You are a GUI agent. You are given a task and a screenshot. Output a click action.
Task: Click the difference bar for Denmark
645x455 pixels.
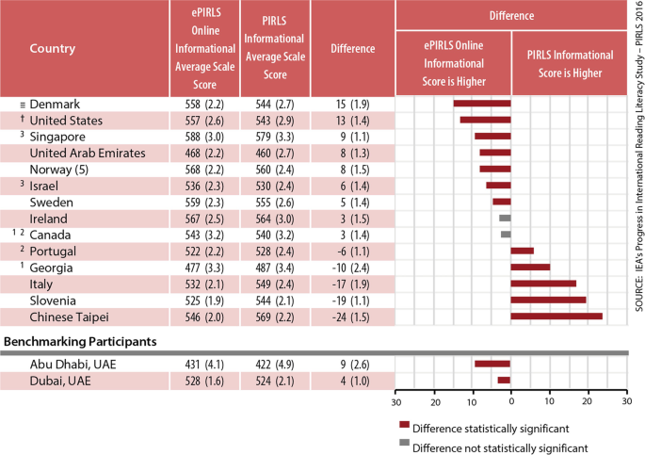pyautogui.click(x=482, y=104)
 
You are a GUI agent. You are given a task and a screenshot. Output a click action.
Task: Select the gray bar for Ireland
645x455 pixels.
pyautogui.click(x=505, y=218)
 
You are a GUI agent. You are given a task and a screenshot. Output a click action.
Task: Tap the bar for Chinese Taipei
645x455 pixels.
pyautogui.click(x=556, y=317)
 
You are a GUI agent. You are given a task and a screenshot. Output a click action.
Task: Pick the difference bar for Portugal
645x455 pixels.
pyautogui.click(x=523, y=251)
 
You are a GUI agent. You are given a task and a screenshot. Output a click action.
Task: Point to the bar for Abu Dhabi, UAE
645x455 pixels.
pyautogui.click(x=492, y=364)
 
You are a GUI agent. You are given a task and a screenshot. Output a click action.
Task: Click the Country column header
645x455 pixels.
pyautogui.click(x=53, y=49)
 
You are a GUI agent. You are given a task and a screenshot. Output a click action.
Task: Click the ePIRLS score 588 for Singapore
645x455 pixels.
pyautogui.click(x=192, y=137)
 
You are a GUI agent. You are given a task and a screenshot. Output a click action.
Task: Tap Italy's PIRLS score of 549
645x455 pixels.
pyautogui.click(x=263, y=284)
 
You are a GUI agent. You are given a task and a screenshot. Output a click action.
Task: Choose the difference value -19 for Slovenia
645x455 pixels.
pyautogui.click(x=339, y=301)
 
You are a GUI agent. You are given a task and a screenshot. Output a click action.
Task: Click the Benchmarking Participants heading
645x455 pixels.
pyautogui.click(x=80, y=341)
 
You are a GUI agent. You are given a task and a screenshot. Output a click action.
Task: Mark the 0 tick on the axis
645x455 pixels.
pyautogui.click(x=511, y=401)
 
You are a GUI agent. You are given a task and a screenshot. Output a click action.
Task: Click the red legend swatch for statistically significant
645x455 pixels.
pyautogui.click(x=404, y=425)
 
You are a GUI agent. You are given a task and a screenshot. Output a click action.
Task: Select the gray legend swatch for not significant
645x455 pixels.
pyautogui.click(x=404, y=443)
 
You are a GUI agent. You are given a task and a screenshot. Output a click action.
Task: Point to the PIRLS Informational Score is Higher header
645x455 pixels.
pyautogui.click(x=570, y=64)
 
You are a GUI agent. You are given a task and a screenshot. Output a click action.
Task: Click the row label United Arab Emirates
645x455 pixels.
pyautogui.click(x=88, y=153)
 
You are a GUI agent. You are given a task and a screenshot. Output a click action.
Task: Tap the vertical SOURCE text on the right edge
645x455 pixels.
pyautogui.click(x=638, y=156)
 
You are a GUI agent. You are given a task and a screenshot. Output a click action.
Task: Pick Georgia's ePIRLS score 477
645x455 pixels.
pyautogui.click(x=192, y=268)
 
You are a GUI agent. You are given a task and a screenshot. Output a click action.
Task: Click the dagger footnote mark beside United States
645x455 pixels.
pyautogui.click(x=23, y=119)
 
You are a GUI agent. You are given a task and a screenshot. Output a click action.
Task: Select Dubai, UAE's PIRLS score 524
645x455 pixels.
pyautogui.click(x=263, y=381)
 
